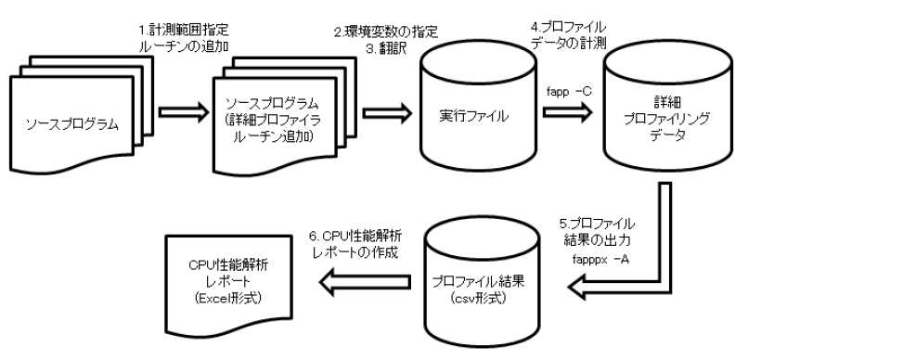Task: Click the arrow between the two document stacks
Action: coord(179,116)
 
